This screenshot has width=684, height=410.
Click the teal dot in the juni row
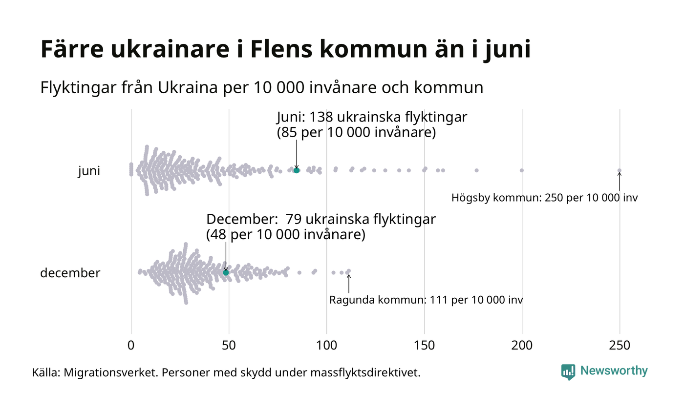(x=297, y=170)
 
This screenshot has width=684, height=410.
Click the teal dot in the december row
(x=226, y=272)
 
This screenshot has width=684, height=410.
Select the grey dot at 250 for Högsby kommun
(x=620, y=170)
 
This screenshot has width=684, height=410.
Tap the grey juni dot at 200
(x=522, y=170)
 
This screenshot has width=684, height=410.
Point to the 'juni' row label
(x=89, y=171)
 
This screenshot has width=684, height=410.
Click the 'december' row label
(x=70, y=273)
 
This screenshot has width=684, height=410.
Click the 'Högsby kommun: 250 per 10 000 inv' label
(x=545, y=198)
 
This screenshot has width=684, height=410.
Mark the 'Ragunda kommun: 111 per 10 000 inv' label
(x=426, y=300)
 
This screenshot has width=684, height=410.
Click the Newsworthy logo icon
(x=568, y=372)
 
